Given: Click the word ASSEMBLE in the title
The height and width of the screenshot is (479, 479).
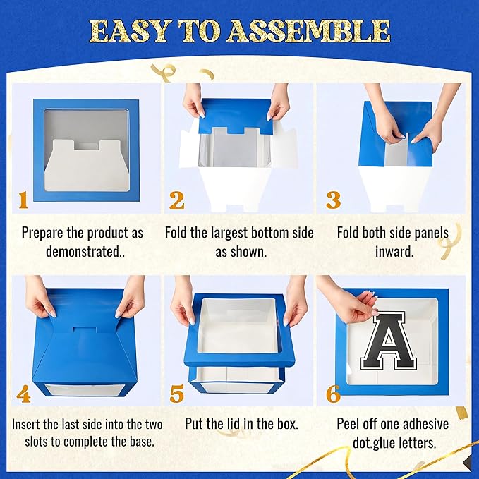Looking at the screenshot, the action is pos(308,32).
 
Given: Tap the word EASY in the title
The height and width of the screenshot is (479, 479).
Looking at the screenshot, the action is pos(129,32).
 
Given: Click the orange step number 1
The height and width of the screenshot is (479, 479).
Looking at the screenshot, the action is pos(23,200).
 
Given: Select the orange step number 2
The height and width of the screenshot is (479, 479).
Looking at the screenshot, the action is pos(177,200).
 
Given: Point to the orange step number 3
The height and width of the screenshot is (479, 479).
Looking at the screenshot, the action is pos(333,200).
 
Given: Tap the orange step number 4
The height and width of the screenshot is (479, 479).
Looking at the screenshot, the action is pos(23,394).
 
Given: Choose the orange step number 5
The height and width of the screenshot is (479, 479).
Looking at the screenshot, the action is pos(177,394).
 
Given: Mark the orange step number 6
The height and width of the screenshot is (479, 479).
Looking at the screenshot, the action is pos(333,394).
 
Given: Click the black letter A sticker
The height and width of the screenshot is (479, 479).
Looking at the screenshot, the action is pos(389,340).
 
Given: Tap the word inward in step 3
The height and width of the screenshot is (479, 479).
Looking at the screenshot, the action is pos(392,252).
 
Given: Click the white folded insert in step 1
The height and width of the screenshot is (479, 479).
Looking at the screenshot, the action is pos(87,166).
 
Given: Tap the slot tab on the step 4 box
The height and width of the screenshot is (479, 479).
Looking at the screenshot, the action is pos(85,330).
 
